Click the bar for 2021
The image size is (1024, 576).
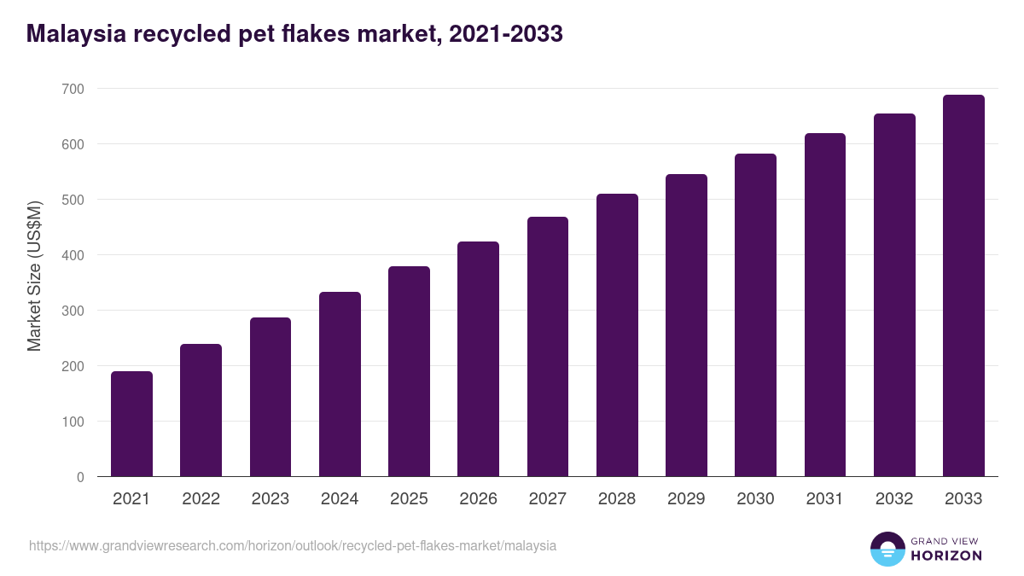point(131,424)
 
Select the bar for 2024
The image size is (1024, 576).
point(340,384)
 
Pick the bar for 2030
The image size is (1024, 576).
point(756,315)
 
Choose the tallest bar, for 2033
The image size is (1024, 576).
point(963,286)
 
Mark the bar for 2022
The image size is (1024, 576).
point(201,410)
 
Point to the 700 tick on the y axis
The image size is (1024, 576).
point(73,89)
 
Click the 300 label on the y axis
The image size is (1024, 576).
point(73,311)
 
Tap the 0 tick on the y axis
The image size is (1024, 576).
point(80,477)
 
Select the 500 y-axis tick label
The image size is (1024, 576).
point(73,200)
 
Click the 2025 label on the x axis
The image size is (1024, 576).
point(409,499)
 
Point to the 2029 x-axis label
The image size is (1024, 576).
point(686,499)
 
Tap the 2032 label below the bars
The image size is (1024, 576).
point(894,499)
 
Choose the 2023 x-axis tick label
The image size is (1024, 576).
point(271,499)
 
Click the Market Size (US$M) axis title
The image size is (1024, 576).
point(34,276)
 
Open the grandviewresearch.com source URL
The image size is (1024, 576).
point(293,545)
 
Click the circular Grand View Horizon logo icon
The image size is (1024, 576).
point(887,549)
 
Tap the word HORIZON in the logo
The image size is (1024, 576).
point(946,556)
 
